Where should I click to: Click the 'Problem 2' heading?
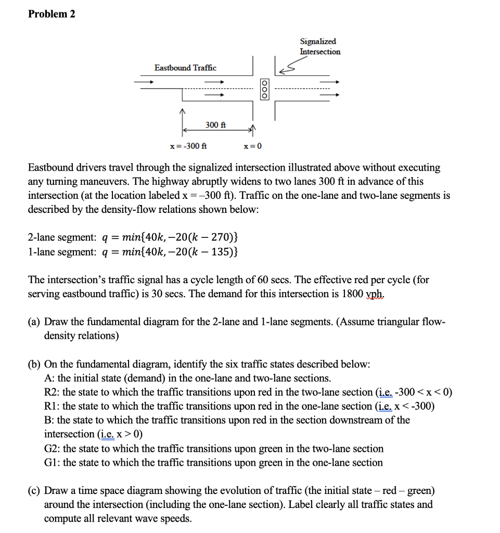[x=52, y=14]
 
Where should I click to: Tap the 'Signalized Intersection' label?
[x=319, y=46]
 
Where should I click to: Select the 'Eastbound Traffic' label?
[x=185, y=68]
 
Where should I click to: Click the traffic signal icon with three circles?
[x=265, y=90]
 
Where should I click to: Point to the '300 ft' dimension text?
[x=215, y=125]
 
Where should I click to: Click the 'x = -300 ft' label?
[x=188, y=146]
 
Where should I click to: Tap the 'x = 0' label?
[x=253, y=146]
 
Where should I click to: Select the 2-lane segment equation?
[x=133, y=238]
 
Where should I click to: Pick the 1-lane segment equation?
[x=133, y=252]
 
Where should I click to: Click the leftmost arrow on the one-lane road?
[x=144, y=82]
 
